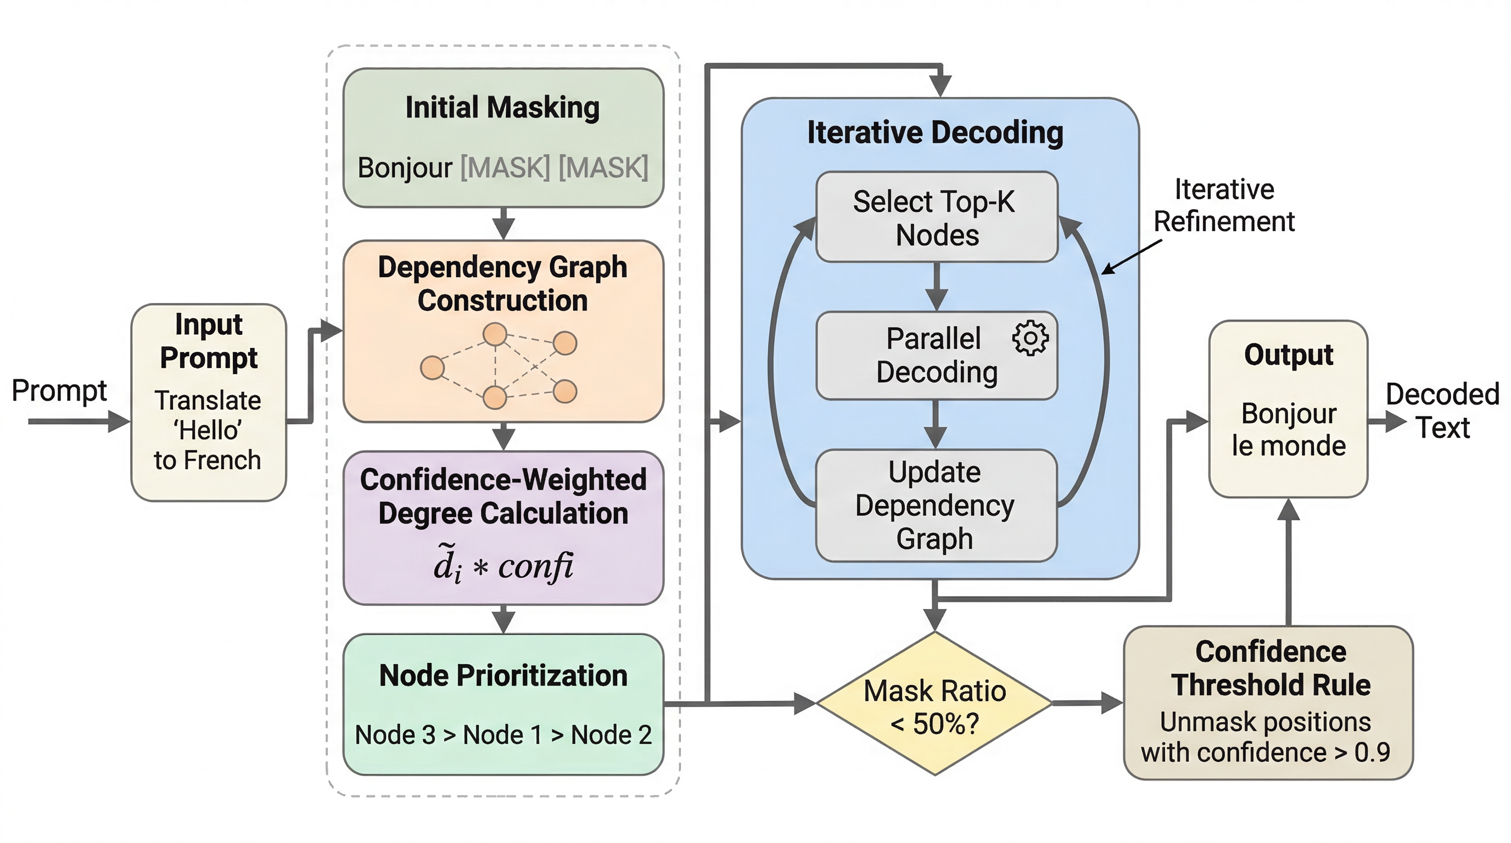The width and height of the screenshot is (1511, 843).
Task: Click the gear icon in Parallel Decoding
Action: (1030, 338)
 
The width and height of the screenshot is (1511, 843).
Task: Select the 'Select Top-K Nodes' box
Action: (936, 217)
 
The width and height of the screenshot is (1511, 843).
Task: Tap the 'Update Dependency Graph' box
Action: (935, 505)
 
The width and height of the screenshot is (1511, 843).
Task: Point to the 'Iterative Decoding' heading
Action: (935, 132)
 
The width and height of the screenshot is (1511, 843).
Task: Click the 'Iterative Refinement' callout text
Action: (1224, 206)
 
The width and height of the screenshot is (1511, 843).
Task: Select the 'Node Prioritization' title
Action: (503, 676)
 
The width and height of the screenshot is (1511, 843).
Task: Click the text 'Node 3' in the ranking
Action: (395, 735)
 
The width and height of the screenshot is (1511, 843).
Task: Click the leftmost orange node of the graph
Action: (432, 368)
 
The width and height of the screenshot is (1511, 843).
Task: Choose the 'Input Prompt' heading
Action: (208, 341)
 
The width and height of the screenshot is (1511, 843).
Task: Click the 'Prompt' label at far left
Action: (59, 390)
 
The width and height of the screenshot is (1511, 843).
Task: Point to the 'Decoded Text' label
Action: (1442, 411)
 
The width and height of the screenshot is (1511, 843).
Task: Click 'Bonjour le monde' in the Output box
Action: (1288, 430)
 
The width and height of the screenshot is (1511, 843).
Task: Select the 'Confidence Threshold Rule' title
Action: (1271, 668)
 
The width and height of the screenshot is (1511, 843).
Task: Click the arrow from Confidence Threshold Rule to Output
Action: (1288, 563)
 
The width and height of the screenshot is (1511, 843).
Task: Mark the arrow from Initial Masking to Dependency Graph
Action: (503, 224)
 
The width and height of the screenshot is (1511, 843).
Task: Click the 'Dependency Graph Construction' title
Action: (503, 284)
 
